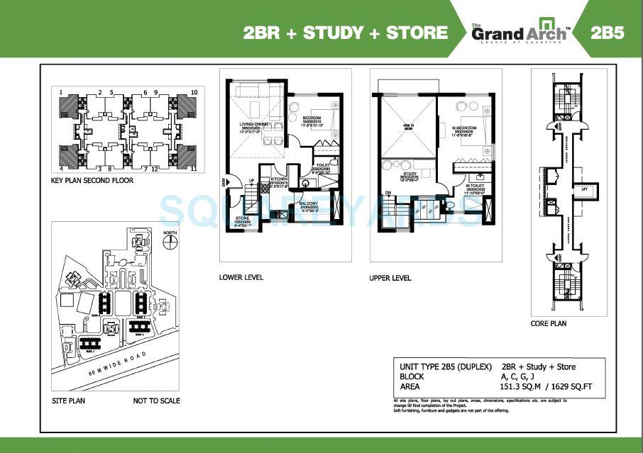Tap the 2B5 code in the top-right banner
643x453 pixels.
[607, 33]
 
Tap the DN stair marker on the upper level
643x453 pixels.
[388, 191]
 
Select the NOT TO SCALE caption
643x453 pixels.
[156, 401]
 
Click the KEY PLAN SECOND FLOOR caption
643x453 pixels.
[92, 181]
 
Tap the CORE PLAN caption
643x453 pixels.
[549, 323]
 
